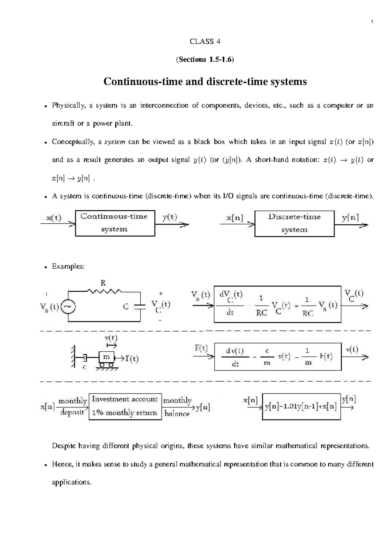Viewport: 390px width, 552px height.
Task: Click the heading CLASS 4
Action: point(205,41)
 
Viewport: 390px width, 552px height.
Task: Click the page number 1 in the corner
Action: point(372,22)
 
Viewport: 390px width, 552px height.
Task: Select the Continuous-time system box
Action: point(115,223)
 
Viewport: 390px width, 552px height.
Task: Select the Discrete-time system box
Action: point(294,223)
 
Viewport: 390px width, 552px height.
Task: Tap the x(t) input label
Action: point(54,218)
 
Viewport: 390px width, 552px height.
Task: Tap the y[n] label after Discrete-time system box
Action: point(350,218)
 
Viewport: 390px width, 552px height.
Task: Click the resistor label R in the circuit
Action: point(103,283)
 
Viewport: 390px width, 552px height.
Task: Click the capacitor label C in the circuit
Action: point(126,307)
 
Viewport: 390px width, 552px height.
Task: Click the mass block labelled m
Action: point(106,357)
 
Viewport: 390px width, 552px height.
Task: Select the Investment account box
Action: point(125,406)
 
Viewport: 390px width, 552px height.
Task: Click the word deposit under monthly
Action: point(72,413)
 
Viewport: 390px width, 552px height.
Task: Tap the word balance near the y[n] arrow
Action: point(177,414)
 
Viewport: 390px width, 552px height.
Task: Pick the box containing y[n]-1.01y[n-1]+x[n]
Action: point(301,407)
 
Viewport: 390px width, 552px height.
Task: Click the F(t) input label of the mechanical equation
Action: point(201,348)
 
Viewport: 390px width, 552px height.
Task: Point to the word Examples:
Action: point(68,266)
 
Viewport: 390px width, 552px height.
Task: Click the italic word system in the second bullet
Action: point(114,142)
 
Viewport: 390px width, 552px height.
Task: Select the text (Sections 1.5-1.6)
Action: point(205,59)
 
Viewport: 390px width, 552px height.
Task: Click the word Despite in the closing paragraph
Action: point(64,446)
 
